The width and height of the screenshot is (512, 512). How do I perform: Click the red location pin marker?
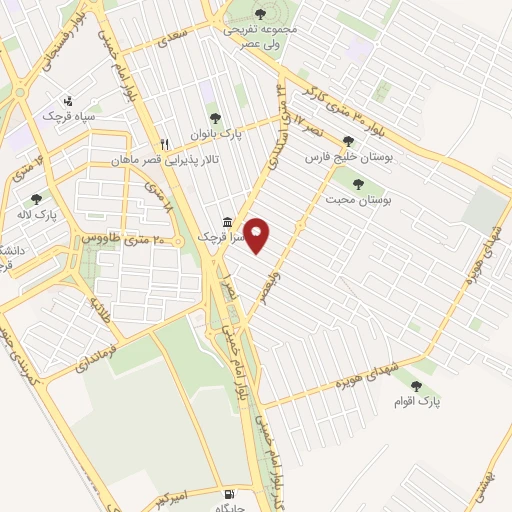tap(257, 234)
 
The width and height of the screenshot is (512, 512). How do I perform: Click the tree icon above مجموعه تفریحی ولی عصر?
tap(260, 14)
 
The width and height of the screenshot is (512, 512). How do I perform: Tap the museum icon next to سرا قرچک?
tap(228, 221)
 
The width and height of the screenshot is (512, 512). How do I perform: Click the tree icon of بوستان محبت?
tap(358, 182)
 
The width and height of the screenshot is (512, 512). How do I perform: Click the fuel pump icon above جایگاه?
tap(231, 494)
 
